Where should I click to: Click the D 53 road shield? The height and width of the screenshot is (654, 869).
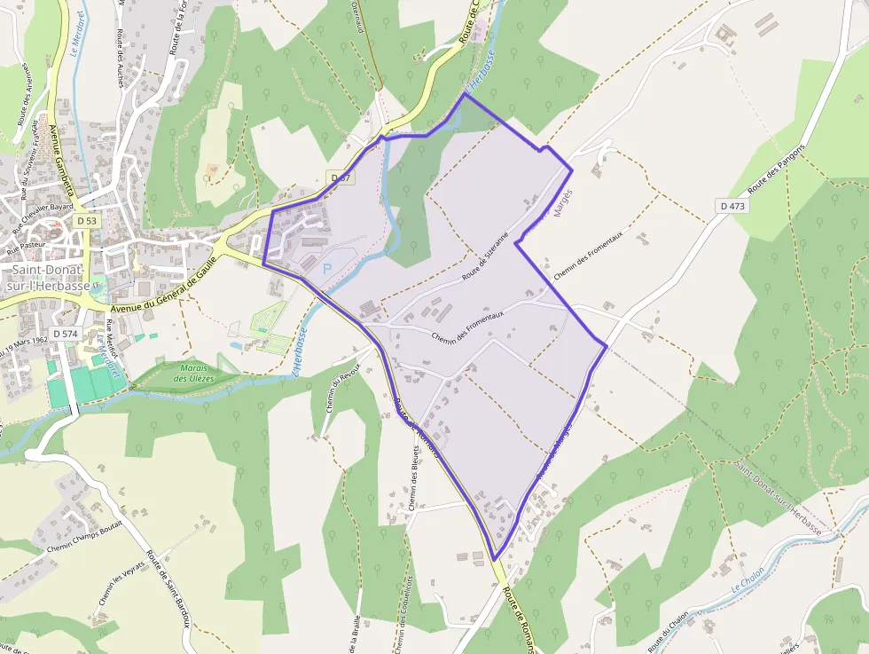[86, 220]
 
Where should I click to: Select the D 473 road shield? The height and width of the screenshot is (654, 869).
[733, 206]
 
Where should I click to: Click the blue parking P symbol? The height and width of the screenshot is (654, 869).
[327, 268]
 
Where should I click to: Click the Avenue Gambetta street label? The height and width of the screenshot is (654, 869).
[61, 162]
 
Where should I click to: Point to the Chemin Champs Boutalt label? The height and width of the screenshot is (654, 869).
[84, 537]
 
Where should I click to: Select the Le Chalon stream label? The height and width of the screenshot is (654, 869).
[748, 580]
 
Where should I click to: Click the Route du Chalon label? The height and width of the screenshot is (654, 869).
[669, 631]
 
